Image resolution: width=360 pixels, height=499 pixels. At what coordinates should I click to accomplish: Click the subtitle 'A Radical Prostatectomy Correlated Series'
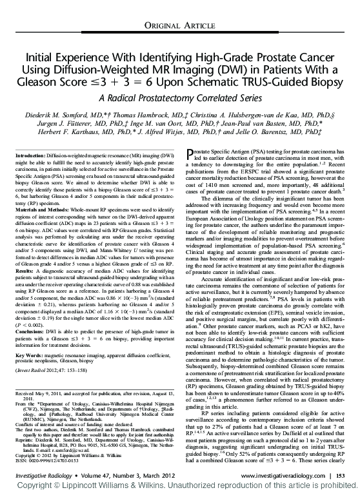coord(179,99)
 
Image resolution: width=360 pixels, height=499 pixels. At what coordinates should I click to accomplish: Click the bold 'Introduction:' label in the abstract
coord(30,156)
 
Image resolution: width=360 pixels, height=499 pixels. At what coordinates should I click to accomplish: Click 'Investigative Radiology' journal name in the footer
coord(43,475)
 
